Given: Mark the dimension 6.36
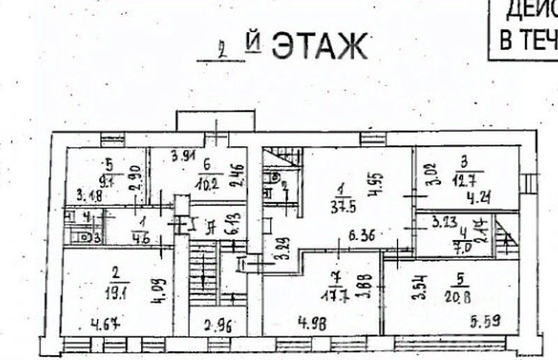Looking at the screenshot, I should click(361, 237).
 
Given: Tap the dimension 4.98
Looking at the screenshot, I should click(294, 323).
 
